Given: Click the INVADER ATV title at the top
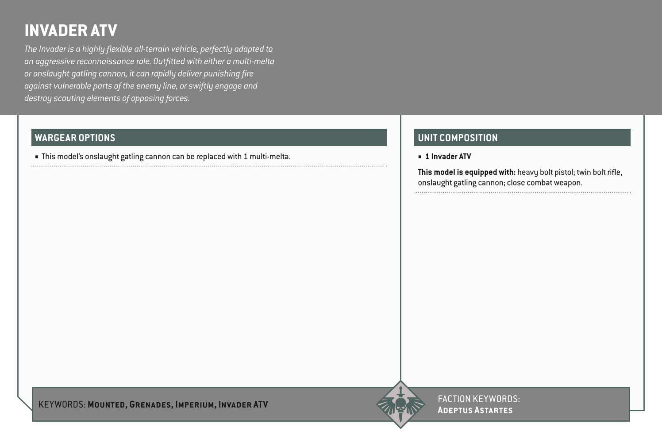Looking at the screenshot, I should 70,31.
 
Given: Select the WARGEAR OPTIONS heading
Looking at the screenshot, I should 75,138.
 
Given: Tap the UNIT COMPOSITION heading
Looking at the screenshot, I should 458,138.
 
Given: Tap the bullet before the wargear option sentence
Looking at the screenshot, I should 37,157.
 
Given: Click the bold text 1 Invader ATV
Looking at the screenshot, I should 448,157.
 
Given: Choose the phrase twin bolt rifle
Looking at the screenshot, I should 599,172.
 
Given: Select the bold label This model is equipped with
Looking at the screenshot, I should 466,172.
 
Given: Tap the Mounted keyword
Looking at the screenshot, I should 106,404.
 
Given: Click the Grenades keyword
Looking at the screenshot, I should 150,404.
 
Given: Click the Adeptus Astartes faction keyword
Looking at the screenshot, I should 475,410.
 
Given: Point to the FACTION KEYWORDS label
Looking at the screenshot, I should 478,399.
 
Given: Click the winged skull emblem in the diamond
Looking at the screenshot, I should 400,404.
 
